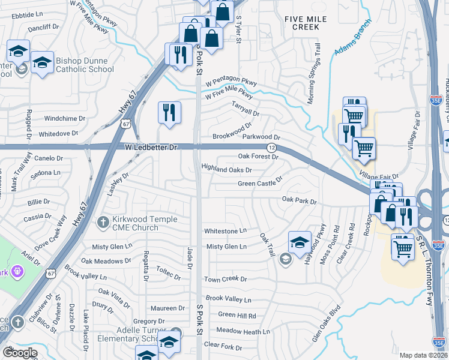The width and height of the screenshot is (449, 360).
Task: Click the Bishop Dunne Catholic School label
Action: pos(85,65)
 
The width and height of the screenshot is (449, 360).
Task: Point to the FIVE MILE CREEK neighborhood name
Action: pos(306,23)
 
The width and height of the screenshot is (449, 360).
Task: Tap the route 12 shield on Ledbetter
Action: pos(271,148)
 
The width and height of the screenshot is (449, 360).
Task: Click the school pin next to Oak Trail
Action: pos(300,242)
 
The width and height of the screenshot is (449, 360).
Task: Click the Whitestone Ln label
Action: pos(225,230)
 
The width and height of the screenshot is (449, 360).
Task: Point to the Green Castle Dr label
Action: pos(259,182)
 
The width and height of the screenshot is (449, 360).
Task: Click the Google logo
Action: pos(20,353)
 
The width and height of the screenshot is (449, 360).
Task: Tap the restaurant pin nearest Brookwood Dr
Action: pos(169,112)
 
